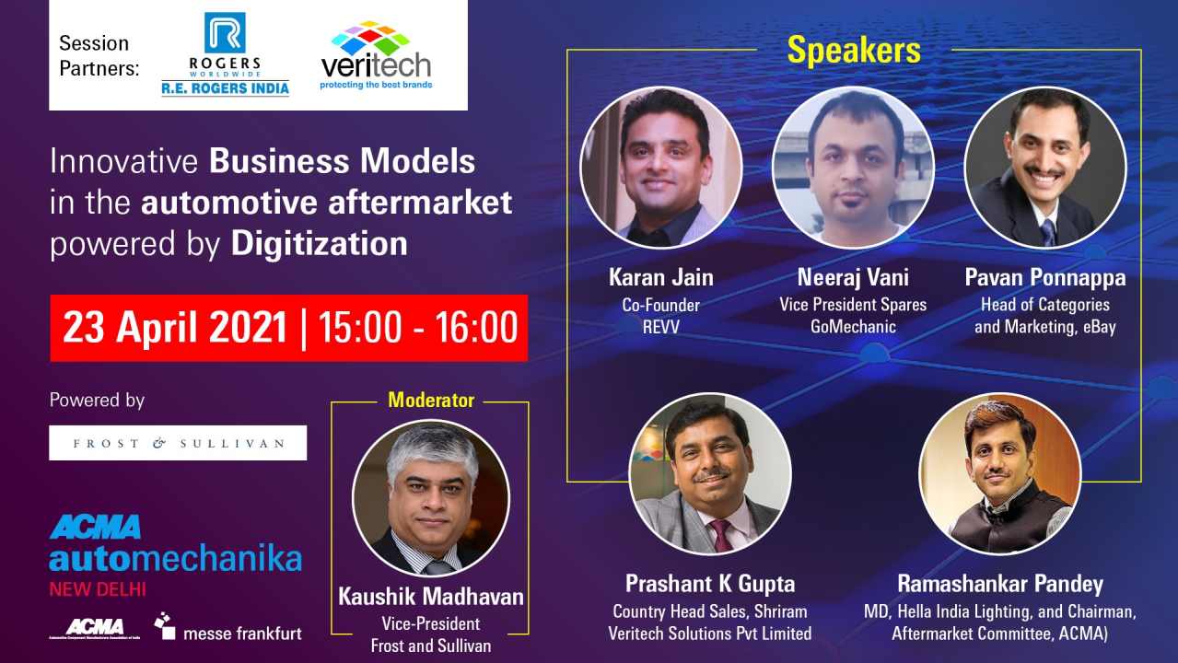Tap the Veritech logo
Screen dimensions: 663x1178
point(376,57)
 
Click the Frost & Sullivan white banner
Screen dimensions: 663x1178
point(178,443)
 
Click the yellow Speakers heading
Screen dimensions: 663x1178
point(854,51)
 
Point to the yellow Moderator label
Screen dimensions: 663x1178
point(431,400)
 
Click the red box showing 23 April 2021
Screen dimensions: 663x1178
point(289,328)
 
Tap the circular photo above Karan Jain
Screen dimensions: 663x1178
point(661,168)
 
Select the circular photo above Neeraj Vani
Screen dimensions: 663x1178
point(853,168)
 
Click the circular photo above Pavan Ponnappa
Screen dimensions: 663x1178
point(1045,168)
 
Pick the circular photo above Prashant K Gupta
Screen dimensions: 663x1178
point(710,473)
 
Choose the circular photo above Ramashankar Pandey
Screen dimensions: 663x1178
point(999,473)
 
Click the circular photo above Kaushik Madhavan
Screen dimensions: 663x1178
point(431,498)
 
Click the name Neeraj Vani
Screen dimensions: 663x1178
point(853,277)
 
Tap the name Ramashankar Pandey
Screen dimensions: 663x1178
point(1000,584)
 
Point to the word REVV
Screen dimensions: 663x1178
point(661,326)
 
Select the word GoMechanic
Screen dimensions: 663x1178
point(853,326)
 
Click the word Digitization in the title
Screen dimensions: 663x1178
point(319,244)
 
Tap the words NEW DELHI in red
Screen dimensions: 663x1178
point(98,588)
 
